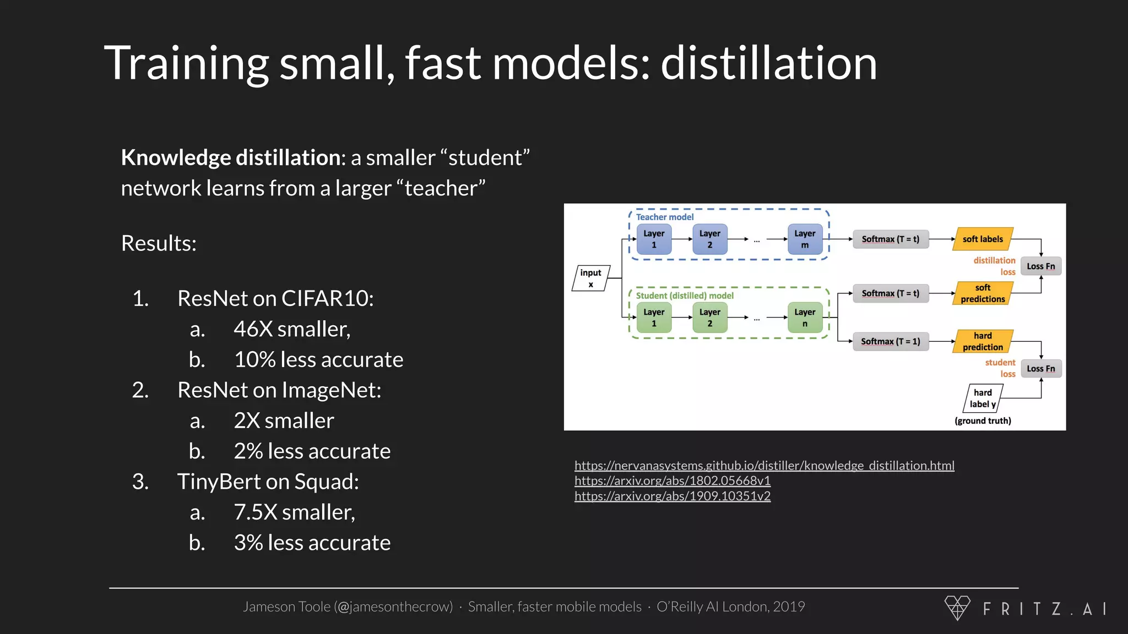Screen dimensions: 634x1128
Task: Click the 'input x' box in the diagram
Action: pos(590,278)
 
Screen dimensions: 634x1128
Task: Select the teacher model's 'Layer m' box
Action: pos(805,239)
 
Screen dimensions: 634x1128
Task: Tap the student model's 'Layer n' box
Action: pos(805,318)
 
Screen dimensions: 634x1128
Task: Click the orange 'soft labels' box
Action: pos(983,239)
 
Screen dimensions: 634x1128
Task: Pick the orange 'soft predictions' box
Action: pos(983,293)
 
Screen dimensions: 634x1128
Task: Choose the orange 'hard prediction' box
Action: pos(983,341)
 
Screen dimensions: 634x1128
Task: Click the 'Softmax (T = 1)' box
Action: pos(891,341)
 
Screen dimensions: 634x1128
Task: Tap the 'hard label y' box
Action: pos(983,398)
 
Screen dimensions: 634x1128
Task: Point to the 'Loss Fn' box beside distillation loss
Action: pos(1040,266)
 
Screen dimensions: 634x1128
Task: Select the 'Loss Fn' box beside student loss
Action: pos(1040,369)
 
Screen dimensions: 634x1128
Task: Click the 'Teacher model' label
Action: pos(665,217)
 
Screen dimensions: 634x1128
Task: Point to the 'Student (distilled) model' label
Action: pos(685,296)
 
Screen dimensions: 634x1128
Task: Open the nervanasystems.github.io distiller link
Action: pos(764,466)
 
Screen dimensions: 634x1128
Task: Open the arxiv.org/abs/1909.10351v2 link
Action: pos(673,496)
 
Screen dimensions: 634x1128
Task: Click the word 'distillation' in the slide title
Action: pos(768,63)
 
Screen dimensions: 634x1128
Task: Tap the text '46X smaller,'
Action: pos(292,329)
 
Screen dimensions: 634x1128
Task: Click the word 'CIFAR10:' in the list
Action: pos(328,298)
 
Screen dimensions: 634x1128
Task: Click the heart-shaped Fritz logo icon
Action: pos(957,608)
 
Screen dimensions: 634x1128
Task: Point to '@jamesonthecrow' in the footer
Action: pos(393,606)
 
